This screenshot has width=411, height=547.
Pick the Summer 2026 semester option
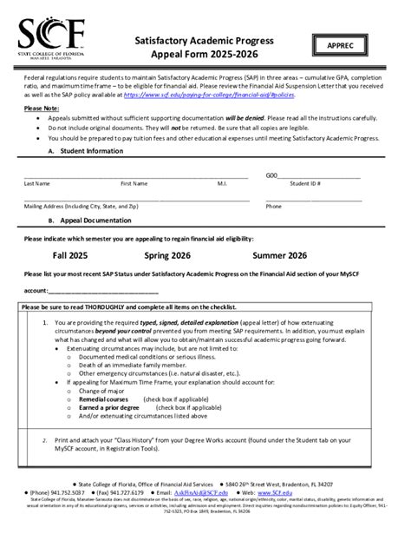point(279,256)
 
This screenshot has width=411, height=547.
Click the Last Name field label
point(36,183)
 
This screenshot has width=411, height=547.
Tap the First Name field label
point(134,183)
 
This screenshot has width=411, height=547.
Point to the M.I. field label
point(222,183)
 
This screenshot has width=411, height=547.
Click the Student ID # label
point(305,183)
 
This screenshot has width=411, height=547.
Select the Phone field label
point(273,207)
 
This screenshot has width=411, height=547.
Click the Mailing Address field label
point(81,207)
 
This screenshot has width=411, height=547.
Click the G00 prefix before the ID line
point(271,175)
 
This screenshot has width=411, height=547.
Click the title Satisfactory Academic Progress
point(204,41)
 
